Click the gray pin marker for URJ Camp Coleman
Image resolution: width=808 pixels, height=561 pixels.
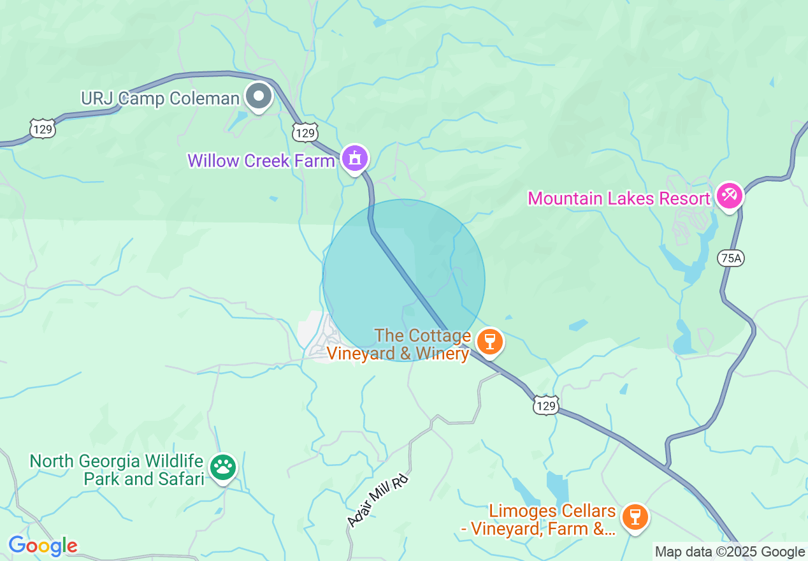pyautogui.click(x=259, y=98)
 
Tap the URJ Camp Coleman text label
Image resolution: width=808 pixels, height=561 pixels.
pyautogui.click(x=160, y=99)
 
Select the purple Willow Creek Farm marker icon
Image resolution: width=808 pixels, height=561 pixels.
pyautogui.click(x=355, y=157)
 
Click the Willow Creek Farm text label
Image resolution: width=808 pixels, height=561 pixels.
pyautogui.click(x=261, y=161)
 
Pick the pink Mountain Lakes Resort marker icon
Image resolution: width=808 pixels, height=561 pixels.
pyautogui.click(x=728, y=196)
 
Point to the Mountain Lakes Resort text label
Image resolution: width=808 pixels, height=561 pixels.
pyautogui.click(x=619, y=198)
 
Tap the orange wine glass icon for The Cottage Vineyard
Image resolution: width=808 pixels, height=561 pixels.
pyautogui.click(x=489, y=341)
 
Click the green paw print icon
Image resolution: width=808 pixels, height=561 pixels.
pyautogui.click(x=222, y=467)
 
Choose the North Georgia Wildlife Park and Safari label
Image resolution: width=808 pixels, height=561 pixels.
pyautogui.click(x=117, y=470)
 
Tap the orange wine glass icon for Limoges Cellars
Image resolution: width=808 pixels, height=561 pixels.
pyautogui.click(x=634, y=516)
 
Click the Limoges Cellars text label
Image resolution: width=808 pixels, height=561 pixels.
pyautogui.click(x=552, y=520)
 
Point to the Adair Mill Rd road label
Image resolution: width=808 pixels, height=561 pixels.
pyautogui.click(x=377, y=500)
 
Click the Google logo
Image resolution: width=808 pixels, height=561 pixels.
pyautogui.click(x=43, y=546)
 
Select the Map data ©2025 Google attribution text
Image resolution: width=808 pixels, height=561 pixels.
pyautogui.click(x=730, y=552)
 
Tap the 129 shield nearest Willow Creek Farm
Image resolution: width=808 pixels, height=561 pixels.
pyautogui.click(x=305, y=133)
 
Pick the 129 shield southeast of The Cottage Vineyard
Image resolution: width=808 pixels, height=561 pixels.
pyautogui.click(x=546, y=405)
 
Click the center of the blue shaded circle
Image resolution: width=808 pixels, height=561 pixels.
pyautogui.click(x=404, y=280)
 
